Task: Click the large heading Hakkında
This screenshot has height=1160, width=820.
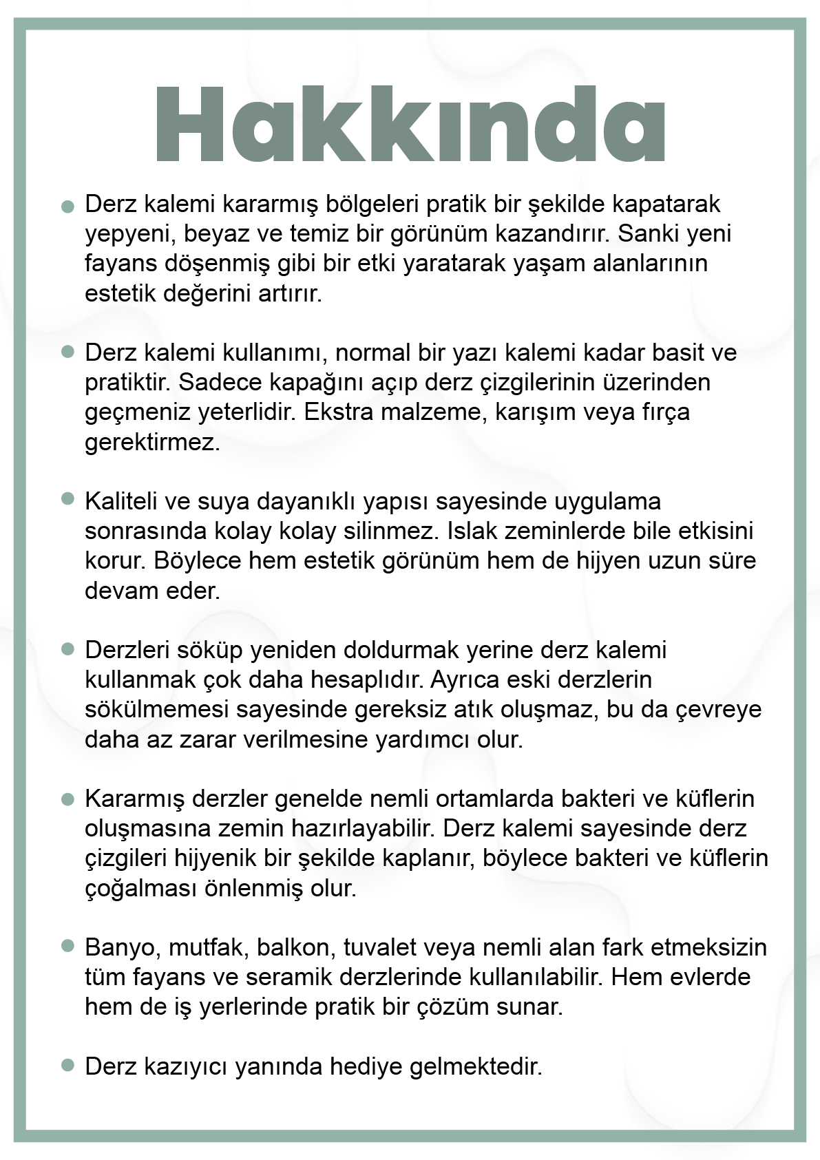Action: pos(410,125)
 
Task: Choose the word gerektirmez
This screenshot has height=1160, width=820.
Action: pos(152,442)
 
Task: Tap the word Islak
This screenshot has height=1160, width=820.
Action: pos(470,531)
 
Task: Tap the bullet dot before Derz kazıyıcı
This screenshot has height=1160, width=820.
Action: pos(67,1065)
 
